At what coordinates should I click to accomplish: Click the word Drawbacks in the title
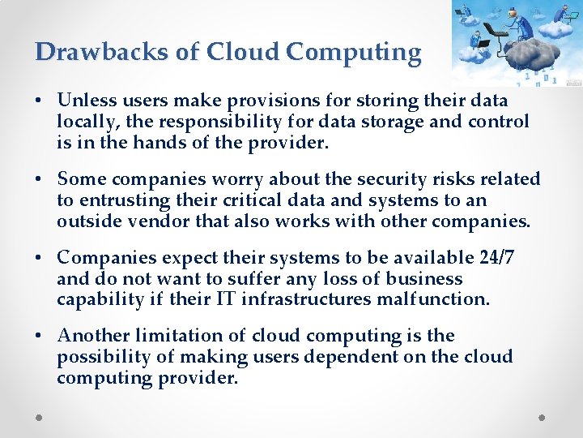pyautogui.click(x=103, y=51)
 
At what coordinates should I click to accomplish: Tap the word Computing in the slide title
pyautogui.click(x=354, y=53)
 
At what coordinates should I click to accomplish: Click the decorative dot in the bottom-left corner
pyautogui.click(x=40, y=417)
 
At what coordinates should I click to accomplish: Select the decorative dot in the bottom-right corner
pyautogui.click(x=543, y=417)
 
